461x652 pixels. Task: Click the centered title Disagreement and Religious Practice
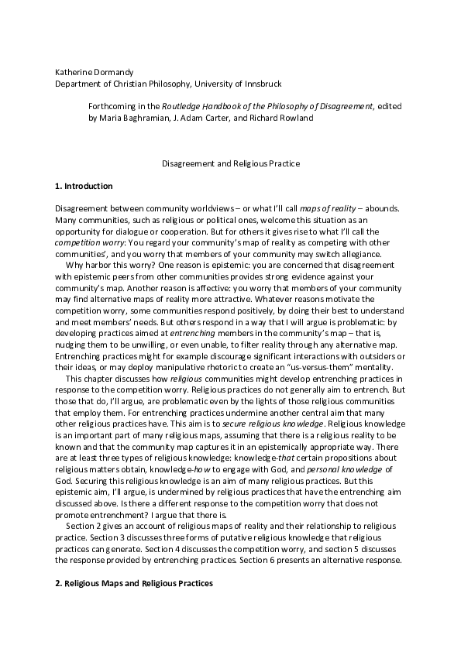click(x=230, y=164)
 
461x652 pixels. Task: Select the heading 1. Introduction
click(x=84, y=187)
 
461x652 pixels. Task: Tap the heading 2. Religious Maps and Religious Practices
click(x=133, y=582)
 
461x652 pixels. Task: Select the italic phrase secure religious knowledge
click(x=285, y=425)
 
